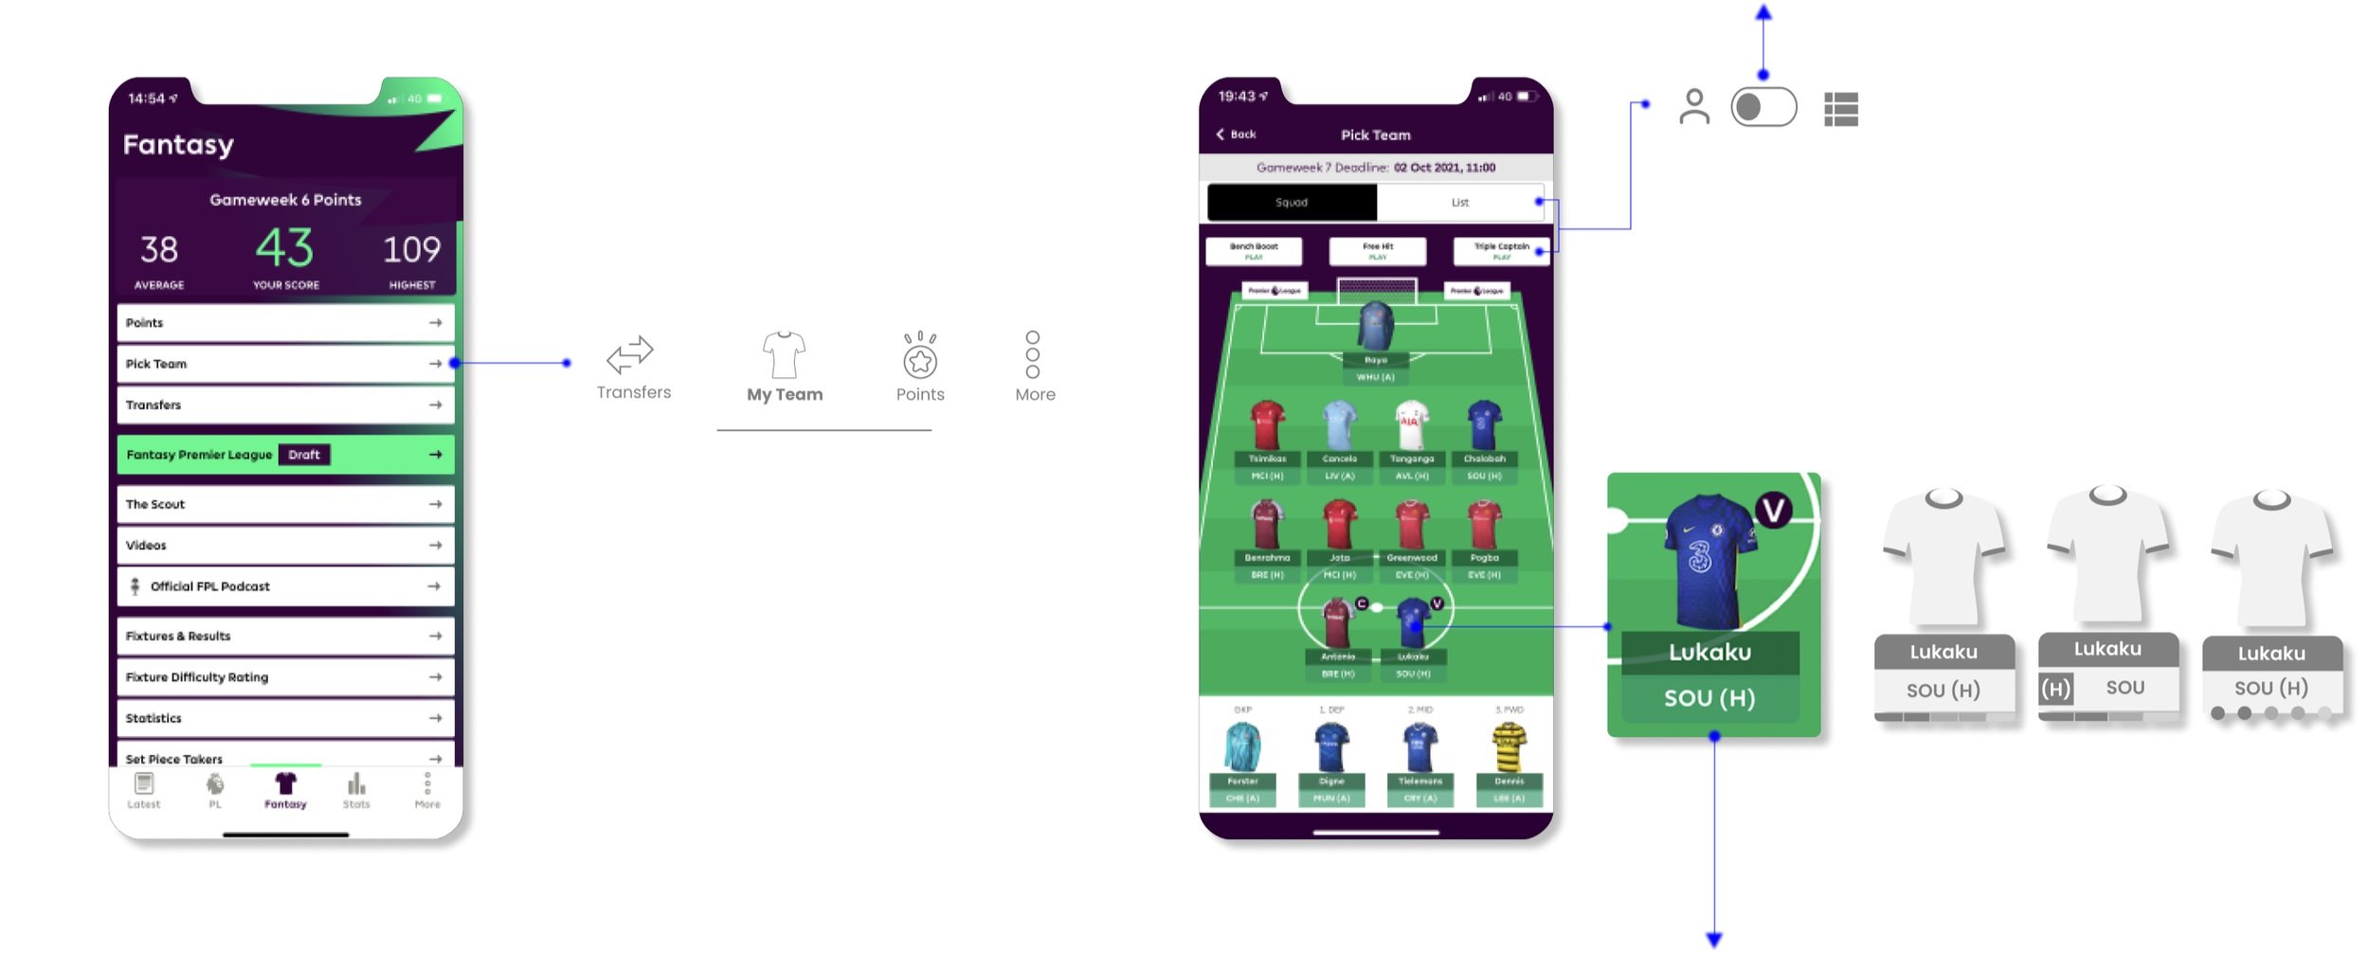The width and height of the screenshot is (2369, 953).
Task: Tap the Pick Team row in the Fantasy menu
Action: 284,364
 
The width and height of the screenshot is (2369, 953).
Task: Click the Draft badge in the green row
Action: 304,455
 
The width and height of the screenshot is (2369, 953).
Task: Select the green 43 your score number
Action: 284,249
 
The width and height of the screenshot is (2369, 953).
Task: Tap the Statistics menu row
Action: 284,718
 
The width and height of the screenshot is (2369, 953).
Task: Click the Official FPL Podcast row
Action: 284,586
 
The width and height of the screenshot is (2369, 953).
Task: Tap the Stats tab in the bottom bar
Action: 356,790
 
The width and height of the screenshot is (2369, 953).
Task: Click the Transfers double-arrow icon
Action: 630,355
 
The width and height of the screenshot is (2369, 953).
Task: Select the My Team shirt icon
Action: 784,355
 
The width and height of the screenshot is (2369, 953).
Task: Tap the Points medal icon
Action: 920,357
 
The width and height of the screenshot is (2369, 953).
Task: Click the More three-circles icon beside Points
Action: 1033,354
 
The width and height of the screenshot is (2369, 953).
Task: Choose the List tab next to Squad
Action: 1460,203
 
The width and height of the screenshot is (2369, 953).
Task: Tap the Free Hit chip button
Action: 1378,251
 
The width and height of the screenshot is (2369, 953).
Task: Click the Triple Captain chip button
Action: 1501,251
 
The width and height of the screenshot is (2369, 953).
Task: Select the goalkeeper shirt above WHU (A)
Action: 1376,328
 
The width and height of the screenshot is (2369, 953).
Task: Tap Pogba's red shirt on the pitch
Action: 1484,525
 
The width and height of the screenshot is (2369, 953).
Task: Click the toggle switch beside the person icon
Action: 1763,107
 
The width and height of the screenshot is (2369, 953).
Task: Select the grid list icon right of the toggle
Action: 1841,109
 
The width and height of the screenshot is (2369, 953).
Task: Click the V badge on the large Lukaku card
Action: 1773,511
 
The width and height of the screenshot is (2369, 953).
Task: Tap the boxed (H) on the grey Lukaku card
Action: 2055,689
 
